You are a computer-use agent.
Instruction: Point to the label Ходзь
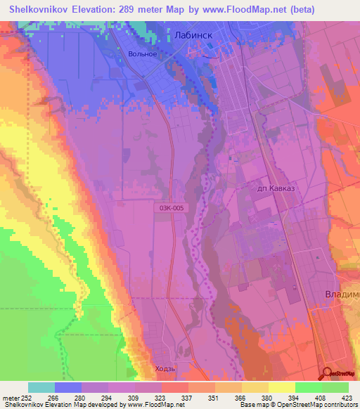pos(163,368)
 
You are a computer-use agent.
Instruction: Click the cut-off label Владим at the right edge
pos(342,294)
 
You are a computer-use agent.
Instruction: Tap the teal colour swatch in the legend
pos(41,387)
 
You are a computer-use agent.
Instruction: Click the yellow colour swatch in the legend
pos(282,387)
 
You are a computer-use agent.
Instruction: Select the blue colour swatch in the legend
pos(68,387)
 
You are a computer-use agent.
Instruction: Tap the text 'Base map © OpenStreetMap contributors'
pos(304,405)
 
